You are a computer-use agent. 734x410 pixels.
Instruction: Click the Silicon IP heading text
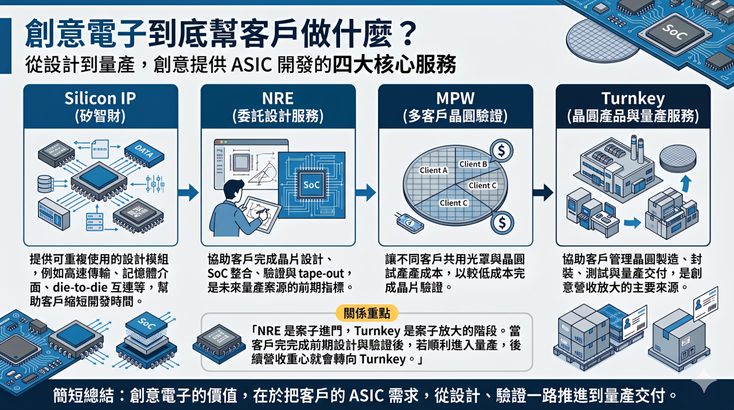100,98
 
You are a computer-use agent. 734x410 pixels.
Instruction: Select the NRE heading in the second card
278,98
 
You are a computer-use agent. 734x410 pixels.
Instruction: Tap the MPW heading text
455,98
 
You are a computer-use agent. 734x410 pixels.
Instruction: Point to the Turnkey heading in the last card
633,98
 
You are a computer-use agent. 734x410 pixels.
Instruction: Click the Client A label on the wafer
434,170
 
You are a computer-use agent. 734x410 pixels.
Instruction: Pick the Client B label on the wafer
473,164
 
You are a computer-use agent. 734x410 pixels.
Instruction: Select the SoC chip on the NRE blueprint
311,185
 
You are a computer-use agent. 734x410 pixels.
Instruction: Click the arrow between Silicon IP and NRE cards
189,192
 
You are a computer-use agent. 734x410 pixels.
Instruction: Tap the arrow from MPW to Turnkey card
543,192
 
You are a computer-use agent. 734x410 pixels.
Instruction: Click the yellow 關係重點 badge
366,313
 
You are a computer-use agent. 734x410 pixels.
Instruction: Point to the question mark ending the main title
408,34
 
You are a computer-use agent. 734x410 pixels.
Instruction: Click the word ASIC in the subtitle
252,65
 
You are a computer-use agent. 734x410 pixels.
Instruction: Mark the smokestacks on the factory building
637,149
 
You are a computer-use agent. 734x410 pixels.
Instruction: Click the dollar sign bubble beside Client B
501,150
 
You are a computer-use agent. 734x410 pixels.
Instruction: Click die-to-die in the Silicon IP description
80,288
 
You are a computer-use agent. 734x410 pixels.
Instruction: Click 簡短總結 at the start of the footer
83,395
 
